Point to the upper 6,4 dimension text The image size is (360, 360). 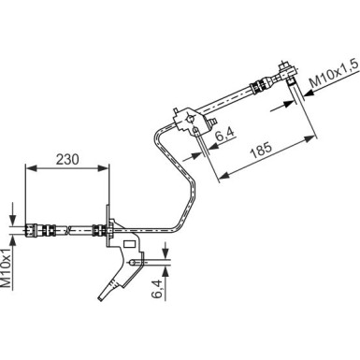tap(223, 138)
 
